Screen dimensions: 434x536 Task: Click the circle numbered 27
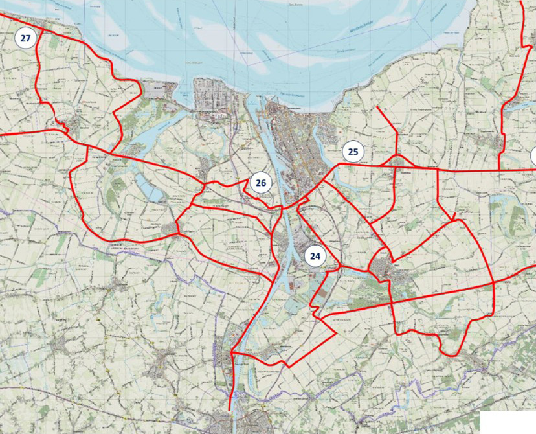[25, 38]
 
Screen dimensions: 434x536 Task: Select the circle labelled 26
[260, 183]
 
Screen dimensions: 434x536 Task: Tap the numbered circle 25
[353, 152]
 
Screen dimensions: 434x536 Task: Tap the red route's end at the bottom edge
[230, 408]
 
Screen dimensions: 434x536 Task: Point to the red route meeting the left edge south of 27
[2, 135]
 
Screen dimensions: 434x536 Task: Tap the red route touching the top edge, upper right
[522, 3]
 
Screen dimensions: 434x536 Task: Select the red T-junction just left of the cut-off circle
[499, 170]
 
